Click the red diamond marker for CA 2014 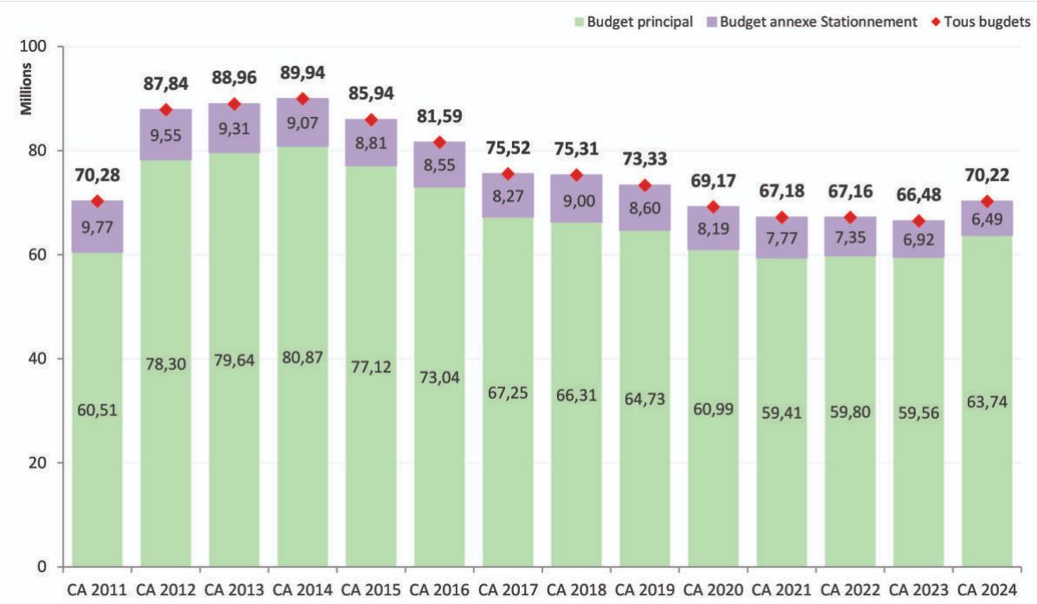[302, 99]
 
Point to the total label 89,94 [302, 73]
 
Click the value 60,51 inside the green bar [97, 409]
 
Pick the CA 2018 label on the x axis [576, 590]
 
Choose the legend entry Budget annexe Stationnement [815, 22]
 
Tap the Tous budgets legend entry [986, 22]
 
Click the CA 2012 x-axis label [165, 590]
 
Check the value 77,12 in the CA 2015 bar [370, 366]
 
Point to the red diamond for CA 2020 [713, 207]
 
